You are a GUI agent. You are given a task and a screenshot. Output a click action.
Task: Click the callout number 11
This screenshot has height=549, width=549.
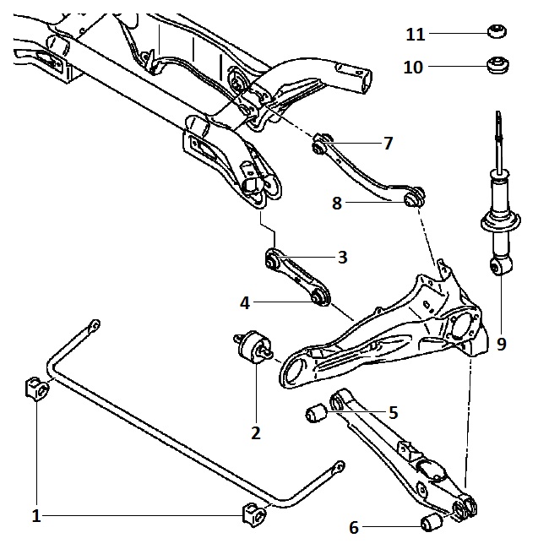point(415,35)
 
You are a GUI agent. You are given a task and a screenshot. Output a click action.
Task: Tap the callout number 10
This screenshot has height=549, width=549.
point(413,68)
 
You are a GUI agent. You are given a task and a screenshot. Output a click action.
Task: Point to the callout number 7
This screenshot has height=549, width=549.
point(388,144)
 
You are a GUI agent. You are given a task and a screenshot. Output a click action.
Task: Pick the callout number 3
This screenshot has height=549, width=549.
point(342,258)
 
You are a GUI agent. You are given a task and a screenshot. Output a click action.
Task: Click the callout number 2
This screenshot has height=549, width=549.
point(255,433)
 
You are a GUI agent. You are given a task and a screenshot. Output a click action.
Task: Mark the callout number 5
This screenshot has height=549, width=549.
point(393,413)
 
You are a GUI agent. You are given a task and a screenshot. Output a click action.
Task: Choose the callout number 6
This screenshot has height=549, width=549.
point(354,528)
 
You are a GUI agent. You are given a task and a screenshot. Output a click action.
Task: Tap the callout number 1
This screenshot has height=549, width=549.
point(36,515)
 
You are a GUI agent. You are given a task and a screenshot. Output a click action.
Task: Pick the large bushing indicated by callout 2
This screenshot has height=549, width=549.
point(253,349)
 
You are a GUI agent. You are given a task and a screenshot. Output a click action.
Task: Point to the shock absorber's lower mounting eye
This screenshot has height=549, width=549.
point(500,268)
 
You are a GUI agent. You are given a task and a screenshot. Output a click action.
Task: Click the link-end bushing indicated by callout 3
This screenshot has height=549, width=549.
point(273,262)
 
